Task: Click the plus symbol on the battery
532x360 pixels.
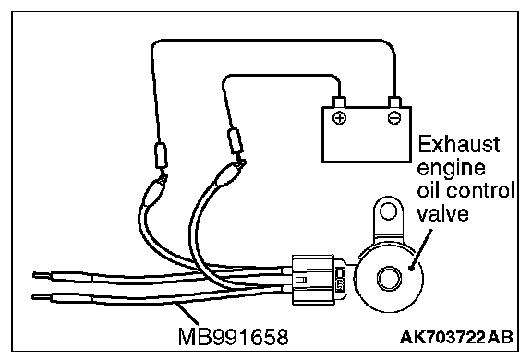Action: coord(339,118)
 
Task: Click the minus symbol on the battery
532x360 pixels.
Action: coord(393,118)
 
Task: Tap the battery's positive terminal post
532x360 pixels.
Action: coord(340,102)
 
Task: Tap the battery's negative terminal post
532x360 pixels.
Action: coord(394,102)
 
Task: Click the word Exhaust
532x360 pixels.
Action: coord(459,144)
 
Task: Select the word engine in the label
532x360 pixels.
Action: coord(452,169)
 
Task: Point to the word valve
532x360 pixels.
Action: coord(442,214)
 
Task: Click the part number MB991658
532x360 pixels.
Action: coord(233,337)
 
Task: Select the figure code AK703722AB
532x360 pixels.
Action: coord(456,337)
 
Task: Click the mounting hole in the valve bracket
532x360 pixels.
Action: coord(388,211)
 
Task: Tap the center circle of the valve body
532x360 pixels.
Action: coord(389,278)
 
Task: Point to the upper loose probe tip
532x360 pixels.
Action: coord(42,275)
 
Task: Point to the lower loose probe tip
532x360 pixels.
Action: coord(42,297)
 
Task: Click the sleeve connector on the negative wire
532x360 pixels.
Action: coord(161,155)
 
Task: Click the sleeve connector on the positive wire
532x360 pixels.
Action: coord(236,141)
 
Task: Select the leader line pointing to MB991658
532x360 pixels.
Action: coord(187,314)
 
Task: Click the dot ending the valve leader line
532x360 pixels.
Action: coord(412,268)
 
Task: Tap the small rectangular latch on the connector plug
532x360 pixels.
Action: coord(301,280)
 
